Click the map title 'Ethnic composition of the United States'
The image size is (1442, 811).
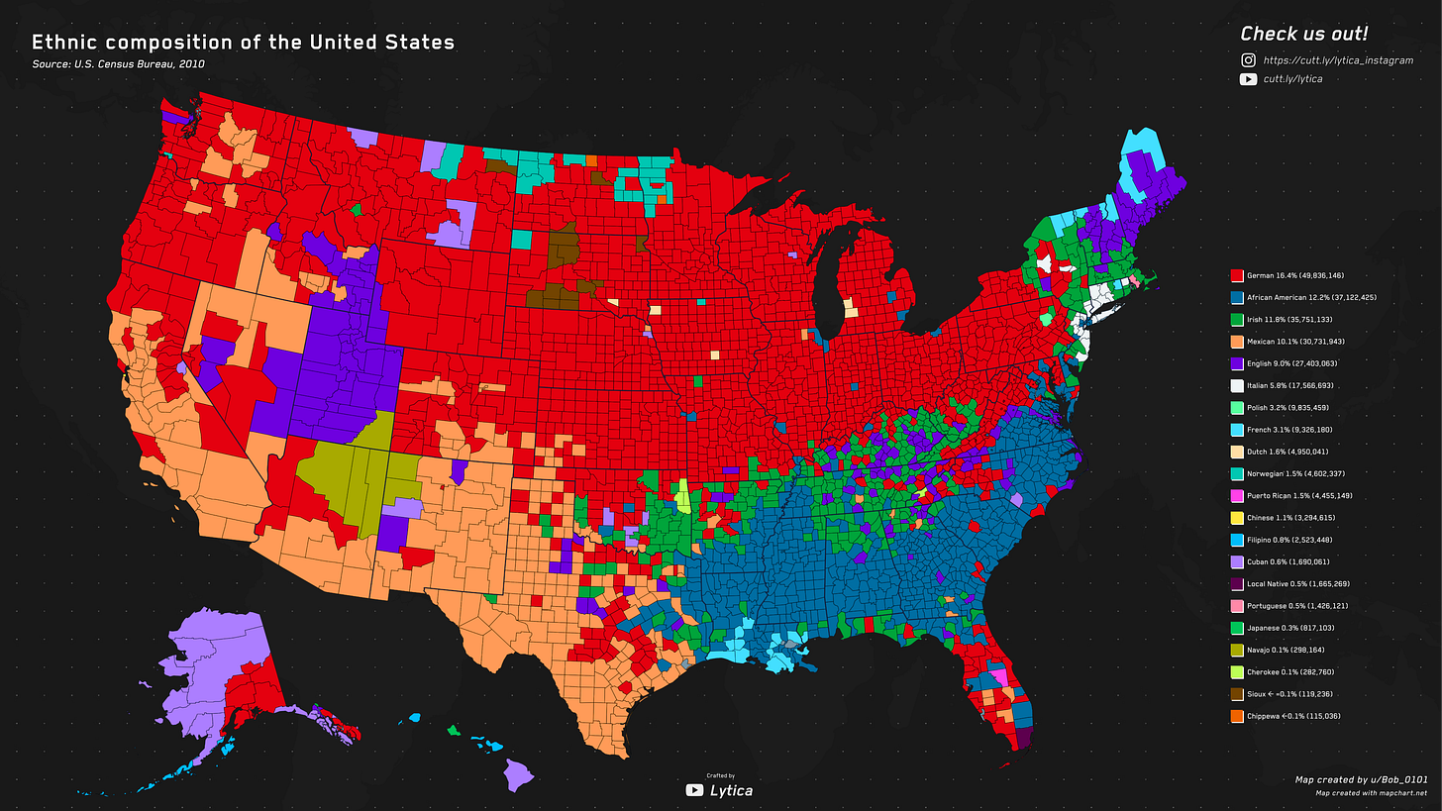[243, 43]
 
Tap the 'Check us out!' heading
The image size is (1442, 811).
[1303, 34]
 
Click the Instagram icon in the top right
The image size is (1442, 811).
[1248, 60]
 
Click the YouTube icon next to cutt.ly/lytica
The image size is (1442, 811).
[1248, 79]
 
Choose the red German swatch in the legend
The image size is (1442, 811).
[1235, 275]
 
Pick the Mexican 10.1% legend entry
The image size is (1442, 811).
[1287, 342]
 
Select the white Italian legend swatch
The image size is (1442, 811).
[1235, 385]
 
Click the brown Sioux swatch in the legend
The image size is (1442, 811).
[1235, 694]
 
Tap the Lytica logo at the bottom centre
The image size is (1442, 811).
[719, 789]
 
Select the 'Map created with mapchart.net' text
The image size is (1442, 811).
[1371, 793]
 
